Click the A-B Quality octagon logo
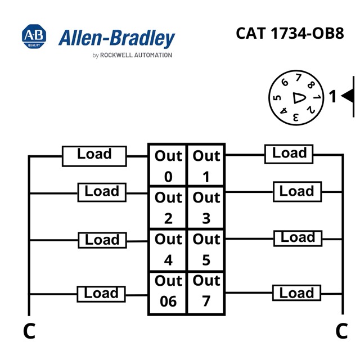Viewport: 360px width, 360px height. coord(34,36)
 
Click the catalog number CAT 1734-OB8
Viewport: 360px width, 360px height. coord(290,33)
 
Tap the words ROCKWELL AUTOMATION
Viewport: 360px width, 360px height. coord(136,55)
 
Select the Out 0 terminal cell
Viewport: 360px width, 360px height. coord(168,165)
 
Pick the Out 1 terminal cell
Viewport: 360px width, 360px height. coord(206,165)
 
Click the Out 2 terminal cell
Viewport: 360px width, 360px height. coord(168,208)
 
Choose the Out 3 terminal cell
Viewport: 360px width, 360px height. coord(206,208)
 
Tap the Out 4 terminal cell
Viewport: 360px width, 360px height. coord(168,250)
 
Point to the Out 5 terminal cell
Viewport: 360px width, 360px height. coord(206,250)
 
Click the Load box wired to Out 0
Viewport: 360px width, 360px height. coord(94,156)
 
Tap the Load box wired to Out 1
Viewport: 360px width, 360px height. coord(289,154)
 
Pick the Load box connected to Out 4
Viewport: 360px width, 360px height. coord(102,240)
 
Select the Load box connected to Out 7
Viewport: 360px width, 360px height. coord(296,293)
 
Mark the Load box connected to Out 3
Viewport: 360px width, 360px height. coord(298,192)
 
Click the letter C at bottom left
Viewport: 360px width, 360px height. coord(29,331)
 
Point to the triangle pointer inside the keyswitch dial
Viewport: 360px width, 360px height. coord(299,98)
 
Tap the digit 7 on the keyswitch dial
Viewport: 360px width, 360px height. coord(298,78)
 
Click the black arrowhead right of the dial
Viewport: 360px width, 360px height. coord(347,96)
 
